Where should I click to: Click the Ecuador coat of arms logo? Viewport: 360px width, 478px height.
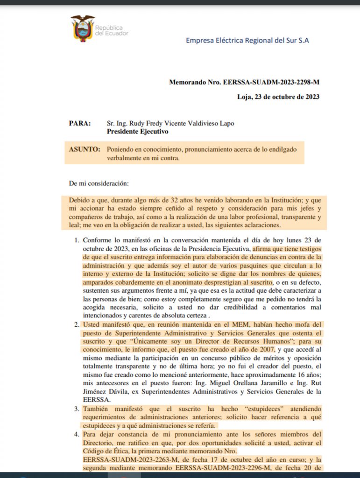tap(83, 28)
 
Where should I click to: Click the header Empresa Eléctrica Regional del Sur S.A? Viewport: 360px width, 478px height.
tap(247, 40)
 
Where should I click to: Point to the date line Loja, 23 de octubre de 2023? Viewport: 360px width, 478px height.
tap(278, 97)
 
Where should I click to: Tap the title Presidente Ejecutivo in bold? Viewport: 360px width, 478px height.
tap(137, 132)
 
